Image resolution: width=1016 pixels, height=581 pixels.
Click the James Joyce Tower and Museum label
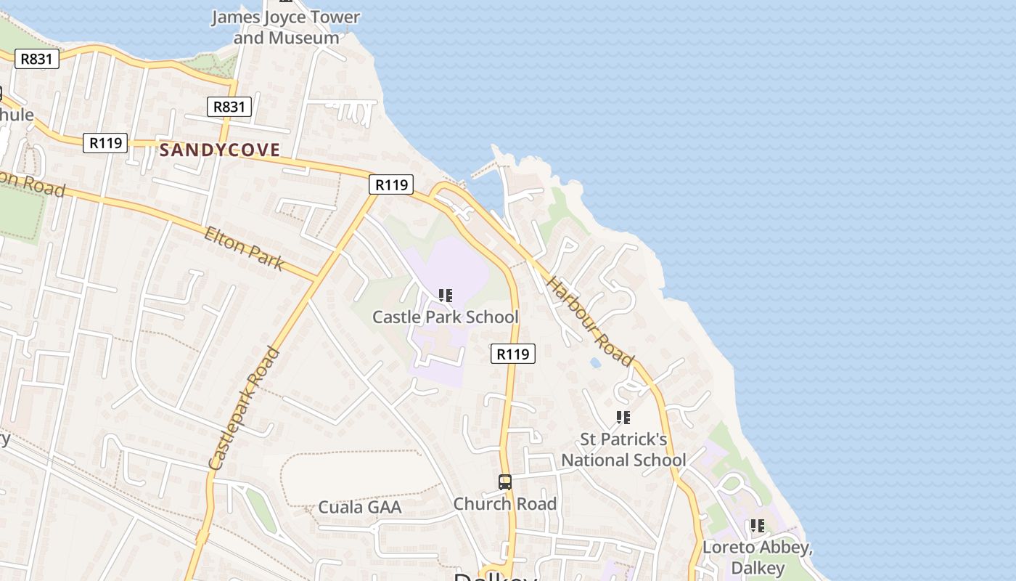[x=286, y=28]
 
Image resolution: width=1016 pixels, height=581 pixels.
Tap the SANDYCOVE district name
[x=219, y=150]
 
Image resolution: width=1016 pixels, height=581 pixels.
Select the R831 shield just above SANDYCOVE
[x=229, y=107]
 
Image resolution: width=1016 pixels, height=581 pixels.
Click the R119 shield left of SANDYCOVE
[x=105, y=143]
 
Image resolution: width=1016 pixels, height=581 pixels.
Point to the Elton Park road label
[x=243, y=248]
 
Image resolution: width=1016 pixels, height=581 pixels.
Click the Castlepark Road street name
[x=244, y=408]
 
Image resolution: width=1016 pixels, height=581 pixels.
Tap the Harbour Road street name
[x=590, y=320]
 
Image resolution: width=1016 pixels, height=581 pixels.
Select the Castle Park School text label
[x=445, y=317]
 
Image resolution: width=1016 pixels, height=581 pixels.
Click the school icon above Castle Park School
[x=446, y=296]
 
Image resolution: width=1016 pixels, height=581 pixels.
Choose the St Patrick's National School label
[x=623, y=450]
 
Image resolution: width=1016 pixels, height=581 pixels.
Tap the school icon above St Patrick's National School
[x=623, y=418]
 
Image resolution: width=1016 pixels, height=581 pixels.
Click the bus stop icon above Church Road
[x=505, y=482]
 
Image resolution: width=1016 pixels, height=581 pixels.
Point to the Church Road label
[x=505, y=503]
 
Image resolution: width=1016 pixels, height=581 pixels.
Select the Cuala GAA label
[x=360, y=507]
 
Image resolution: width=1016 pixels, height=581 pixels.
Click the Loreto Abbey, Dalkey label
[x=757, y=557]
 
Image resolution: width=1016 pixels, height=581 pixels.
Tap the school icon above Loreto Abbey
[x=758, y=525]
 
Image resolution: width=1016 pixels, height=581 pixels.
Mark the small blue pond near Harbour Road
[x=595, y=362]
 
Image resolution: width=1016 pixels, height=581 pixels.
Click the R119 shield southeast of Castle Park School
[x=513, y=354]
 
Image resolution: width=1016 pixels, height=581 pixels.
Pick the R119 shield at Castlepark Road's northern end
[x=391, y=184]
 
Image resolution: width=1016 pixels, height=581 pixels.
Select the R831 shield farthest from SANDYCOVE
[x=36, y=59]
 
